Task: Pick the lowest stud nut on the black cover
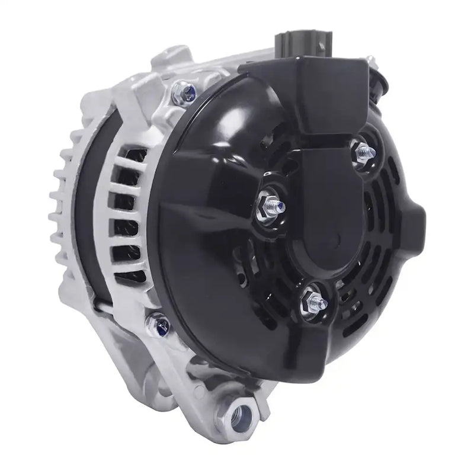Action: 312,301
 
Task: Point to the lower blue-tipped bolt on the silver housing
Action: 162,322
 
